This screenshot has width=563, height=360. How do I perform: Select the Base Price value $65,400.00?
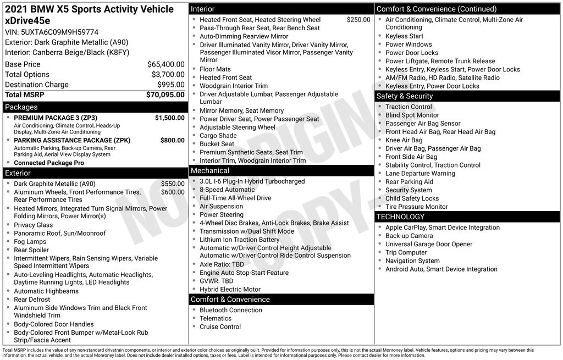click(x=165, y=64)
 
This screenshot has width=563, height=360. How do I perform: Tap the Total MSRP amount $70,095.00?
click(x=165, y=95)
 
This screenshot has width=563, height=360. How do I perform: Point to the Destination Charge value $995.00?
click(x=172, y=85)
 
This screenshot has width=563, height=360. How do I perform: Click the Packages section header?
click(x=21, y=107)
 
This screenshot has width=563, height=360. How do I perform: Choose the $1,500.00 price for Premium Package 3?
click(x=169, y=118)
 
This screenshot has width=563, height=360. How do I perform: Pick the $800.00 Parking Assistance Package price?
click(x=172, y=140)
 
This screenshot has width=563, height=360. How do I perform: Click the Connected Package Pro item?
click(x=49, y=163)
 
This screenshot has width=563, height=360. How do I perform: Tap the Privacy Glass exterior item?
click(x=33, y=225)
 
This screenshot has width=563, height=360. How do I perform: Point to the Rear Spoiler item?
click(x=31, y=250)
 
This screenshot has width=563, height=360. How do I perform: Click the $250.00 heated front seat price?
click(x=358, y=20)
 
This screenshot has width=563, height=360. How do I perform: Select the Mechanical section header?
click(x=209, y=171)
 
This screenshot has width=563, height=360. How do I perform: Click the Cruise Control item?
click(x=220, y=327)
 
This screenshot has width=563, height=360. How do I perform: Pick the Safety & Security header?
click(x=404, y=96)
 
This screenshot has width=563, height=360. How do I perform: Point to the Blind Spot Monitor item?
click(x=412, y=115)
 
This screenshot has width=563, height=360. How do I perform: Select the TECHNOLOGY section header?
click(x=400, y=217)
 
